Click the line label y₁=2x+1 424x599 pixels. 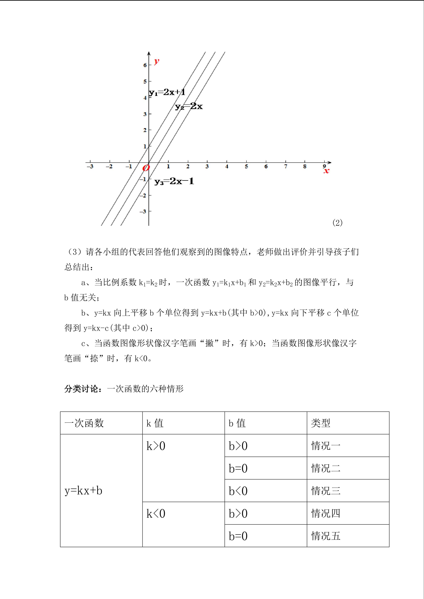[x=167, y=92]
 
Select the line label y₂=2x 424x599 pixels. [x=189, y=106]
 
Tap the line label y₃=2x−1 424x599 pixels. [x=174, y=181]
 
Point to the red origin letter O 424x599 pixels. [x=146, y=168]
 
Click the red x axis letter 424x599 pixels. [x=326, y=171]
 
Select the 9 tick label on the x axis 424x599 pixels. [x=324, y=166]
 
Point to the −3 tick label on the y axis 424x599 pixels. [x=143, y=211]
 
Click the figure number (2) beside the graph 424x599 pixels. [x=337, y=223]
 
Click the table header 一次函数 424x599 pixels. [x=84, y=423]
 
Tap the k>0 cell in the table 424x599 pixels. [x=156, y=446]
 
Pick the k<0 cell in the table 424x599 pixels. [x=156, y=514]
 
